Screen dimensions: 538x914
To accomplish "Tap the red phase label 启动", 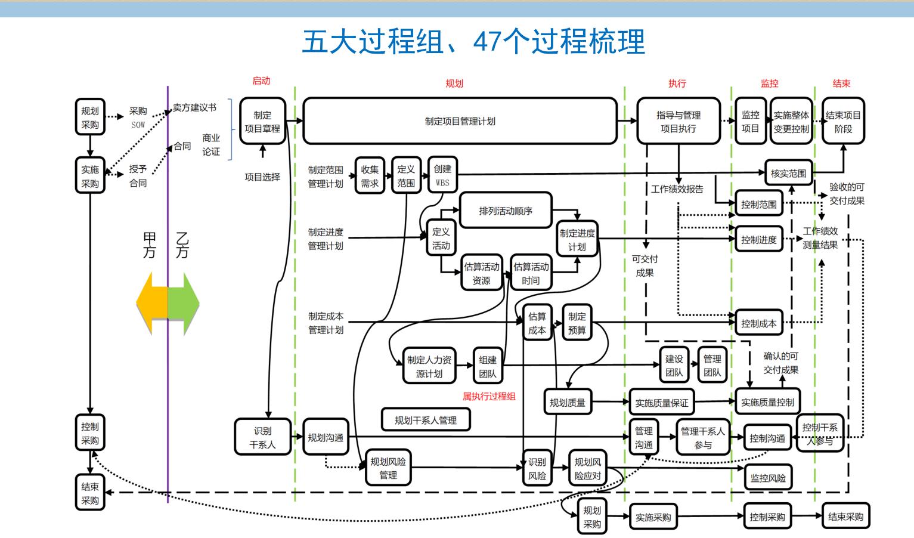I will (x=261, y=81).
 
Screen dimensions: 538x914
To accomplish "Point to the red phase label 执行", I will (x=677, y=84).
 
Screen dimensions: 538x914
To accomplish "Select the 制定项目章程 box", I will (x=262, y=122).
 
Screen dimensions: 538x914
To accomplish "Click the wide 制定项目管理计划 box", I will (x=460, y=122).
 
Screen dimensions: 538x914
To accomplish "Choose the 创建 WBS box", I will (x=442, y=175).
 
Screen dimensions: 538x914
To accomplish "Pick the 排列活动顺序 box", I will (x=506, y=211).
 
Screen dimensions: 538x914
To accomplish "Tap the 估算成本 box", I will (x=537, y=323).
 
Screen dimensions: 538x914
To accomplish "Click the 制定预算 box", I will (x=577, y=323).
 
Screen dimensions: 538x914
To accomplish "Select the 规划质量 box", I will (x=567, y=403).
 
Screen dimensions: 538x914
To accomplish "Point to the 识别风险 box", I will (x=537, y=469).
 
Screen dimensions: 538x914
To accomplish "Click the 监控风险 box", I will (x=768, y=478).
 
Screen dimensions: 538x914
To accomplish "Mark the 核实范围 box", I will (x=788, y=174).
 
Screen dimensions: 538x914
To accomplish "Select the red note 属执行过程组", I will (x=489, y=396).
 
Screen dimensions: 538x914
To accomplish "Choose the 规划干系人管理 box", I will (x=426, y=420).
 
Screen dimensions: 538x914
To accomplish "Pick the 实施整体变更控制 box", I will (x=791, y=122).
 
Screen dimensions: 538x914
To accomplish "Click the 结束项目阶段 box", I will (x=843, y=122).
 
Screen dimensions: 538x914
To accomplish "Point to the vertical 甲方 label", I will (x=149, y=245).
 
